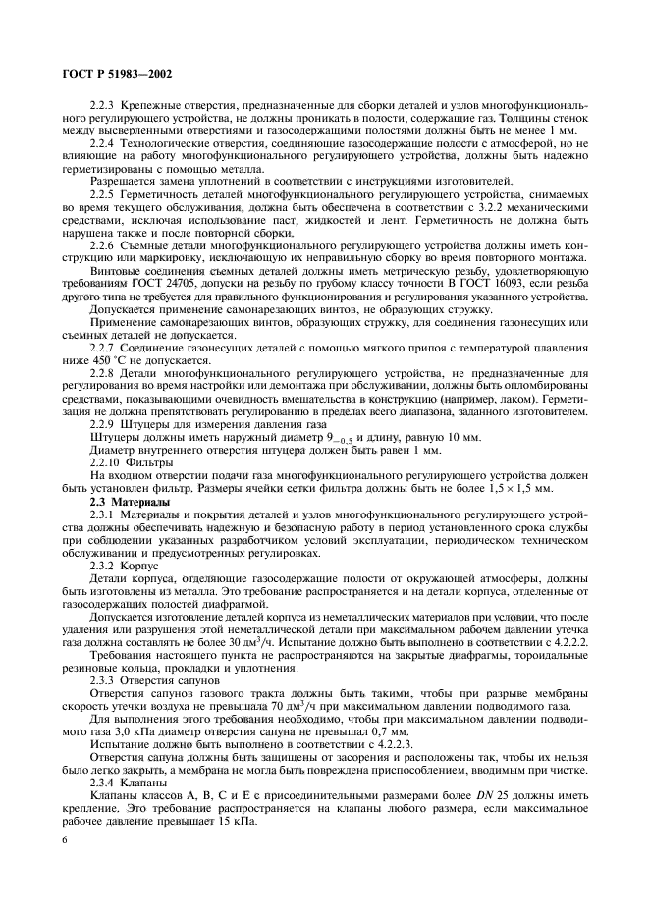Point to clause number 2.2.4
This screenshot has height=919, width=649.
coord(105,143)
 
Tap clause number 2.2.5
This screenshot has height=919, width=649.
coord(105,195)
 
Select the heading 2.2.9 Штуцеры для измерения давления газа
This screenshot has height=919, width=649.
coord(181,424)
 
